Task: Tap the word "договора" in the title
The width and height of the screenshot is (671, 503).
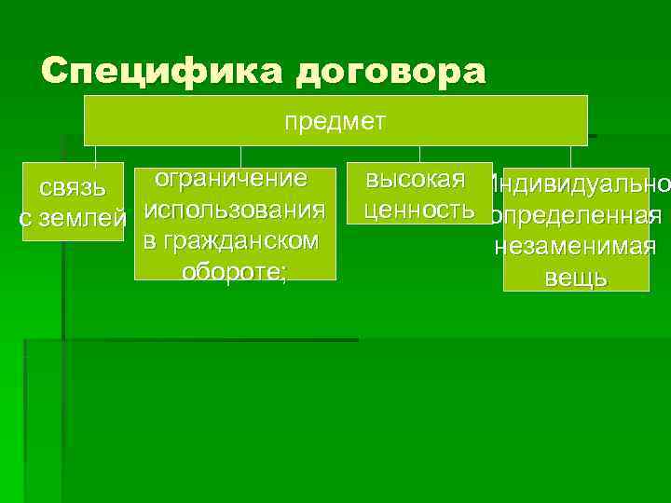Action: [x=390, y=72]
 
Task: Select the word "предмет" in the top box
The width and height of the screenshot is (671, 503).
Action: [x=335, y=121]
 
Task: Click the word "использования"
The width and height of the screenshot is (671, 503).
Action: [x=235, y=210]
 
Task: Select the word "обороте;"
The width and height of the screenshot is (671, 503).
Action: [x=235, y=272]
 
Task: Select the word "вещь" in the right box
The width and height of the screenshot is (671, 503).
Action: [x=576, y=278]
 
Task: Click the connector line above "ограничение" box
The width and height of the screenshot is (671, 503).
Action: [x=240, y=157]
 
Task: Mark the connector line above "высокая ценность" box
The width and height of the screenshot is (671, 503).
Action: [x=419, y=157]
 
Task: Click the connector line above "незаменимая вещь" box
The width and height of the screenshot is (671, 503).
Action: [x=570, y=157]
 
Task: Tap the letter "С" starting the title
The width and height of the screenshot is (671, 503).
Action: [x=55, y=72]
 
